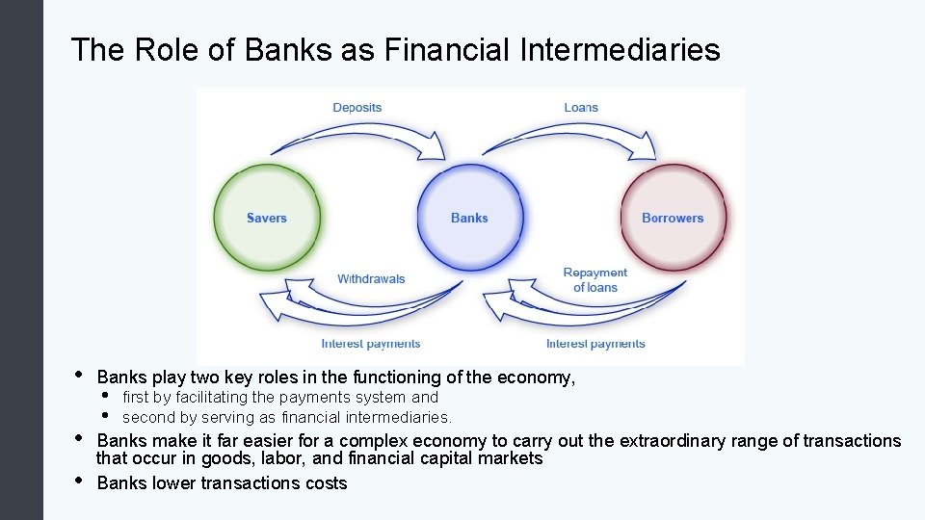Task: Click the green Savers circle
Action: pyautogui.click(x=266, y=218)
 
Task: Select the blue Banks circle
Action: pyautogui.click(x=469, y=218)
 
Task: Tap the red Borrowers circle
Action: pyautogui.click(x=673, y=218)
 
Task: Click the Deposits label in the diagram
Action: pyautogui.click(x=357, y=107)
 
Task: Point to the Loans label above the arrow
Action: pyautogui.click(x=581, y=107)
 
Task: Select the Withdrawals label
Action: pyautogui.click(x=371, y=279)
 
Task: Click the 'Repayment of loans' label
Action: pyautogui.click(x=595, y=280)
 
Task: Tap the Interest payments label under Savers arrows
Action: pyautogui.click(x=371, y=344)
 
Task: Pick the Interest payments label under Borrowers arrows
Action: pyautogui.click(x=595, y=344)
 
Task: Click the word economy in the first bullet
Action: pyautogui.click(x=539, y=378)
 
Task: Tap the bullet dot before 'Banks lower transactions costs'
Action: pyautogui.click(x=77, y=481)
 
